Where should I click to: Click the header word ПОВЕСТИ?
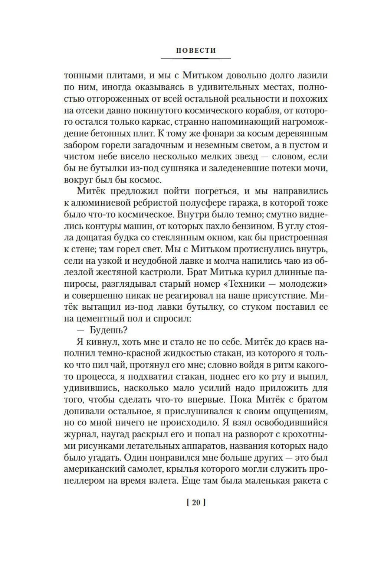196,50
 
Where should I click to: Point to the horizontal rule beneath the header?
196,59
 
